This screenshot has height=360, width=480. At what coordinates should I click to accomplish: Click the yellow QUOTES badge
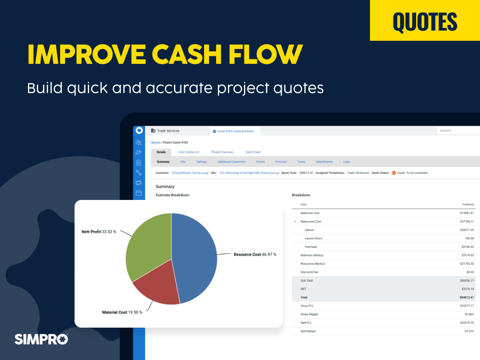425,21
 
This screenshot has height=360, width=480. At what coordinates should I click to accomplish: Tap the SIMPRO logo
41,339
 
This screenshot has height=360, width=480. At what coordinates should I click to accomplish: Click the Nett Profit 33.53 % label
98,232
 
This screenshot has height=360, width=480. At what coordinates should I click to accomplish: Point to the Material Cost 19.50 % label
122,312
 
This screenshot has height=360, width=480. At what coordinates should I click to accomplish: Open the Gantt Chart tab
253,152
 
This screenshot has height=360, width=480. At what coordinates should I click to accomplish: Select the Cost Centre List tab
189,152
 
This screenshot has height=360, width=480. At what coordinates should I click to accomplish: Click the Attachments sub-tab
324,162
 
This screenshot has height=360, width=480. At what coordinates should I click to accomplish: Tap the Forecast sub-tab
281,162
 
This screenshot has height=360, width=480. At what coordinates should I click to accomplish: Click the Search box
457,130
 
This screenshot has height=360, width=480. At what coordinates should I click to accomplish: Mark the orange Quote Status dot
393,173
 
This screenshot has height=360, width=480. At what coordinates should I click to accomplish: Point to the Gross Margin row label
309,314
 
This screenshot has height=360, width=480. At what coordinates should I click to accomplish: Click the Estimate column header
468,204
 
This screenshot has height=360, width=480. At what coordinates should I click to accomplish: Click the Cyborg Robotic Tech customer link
185,173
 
